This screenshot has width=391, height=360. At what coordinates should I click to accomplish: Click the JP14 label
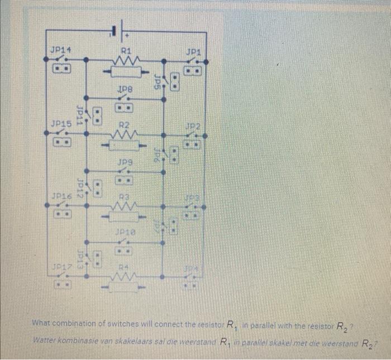[x=60, y=51]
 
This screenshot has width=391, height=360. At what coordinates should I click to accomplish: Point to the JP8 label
[x=125, y=89]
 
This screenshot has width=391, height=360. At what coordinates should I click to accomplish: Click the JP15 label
[x=60, y=123]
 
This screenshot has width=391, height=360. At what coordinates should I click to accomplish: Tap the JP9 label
[x=125, y=162]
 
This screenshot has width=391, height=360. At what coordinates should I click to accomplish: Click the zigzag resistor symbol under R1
[x=126, y=60]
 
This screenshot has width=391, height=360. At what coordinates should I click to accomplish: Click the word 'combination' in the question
[x=78, y=323]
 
